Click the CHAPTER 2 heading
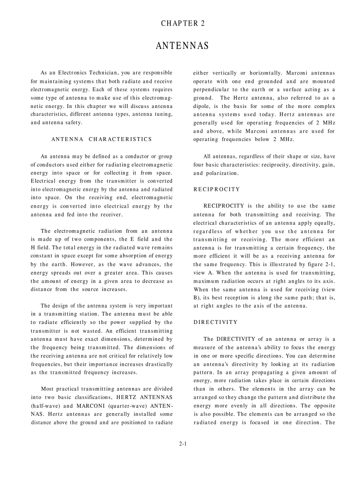pyautogui.click(x=183, y=23)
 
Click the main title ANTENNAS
pyautogui.click(x=182, y=46)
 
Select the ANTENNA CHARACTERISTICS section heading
pyautogui.click(x=101, y=139)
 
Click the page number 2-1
pyautogui.click(x=183, y=444)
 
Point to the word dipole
pyautogui.click(x=202, y=106)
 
